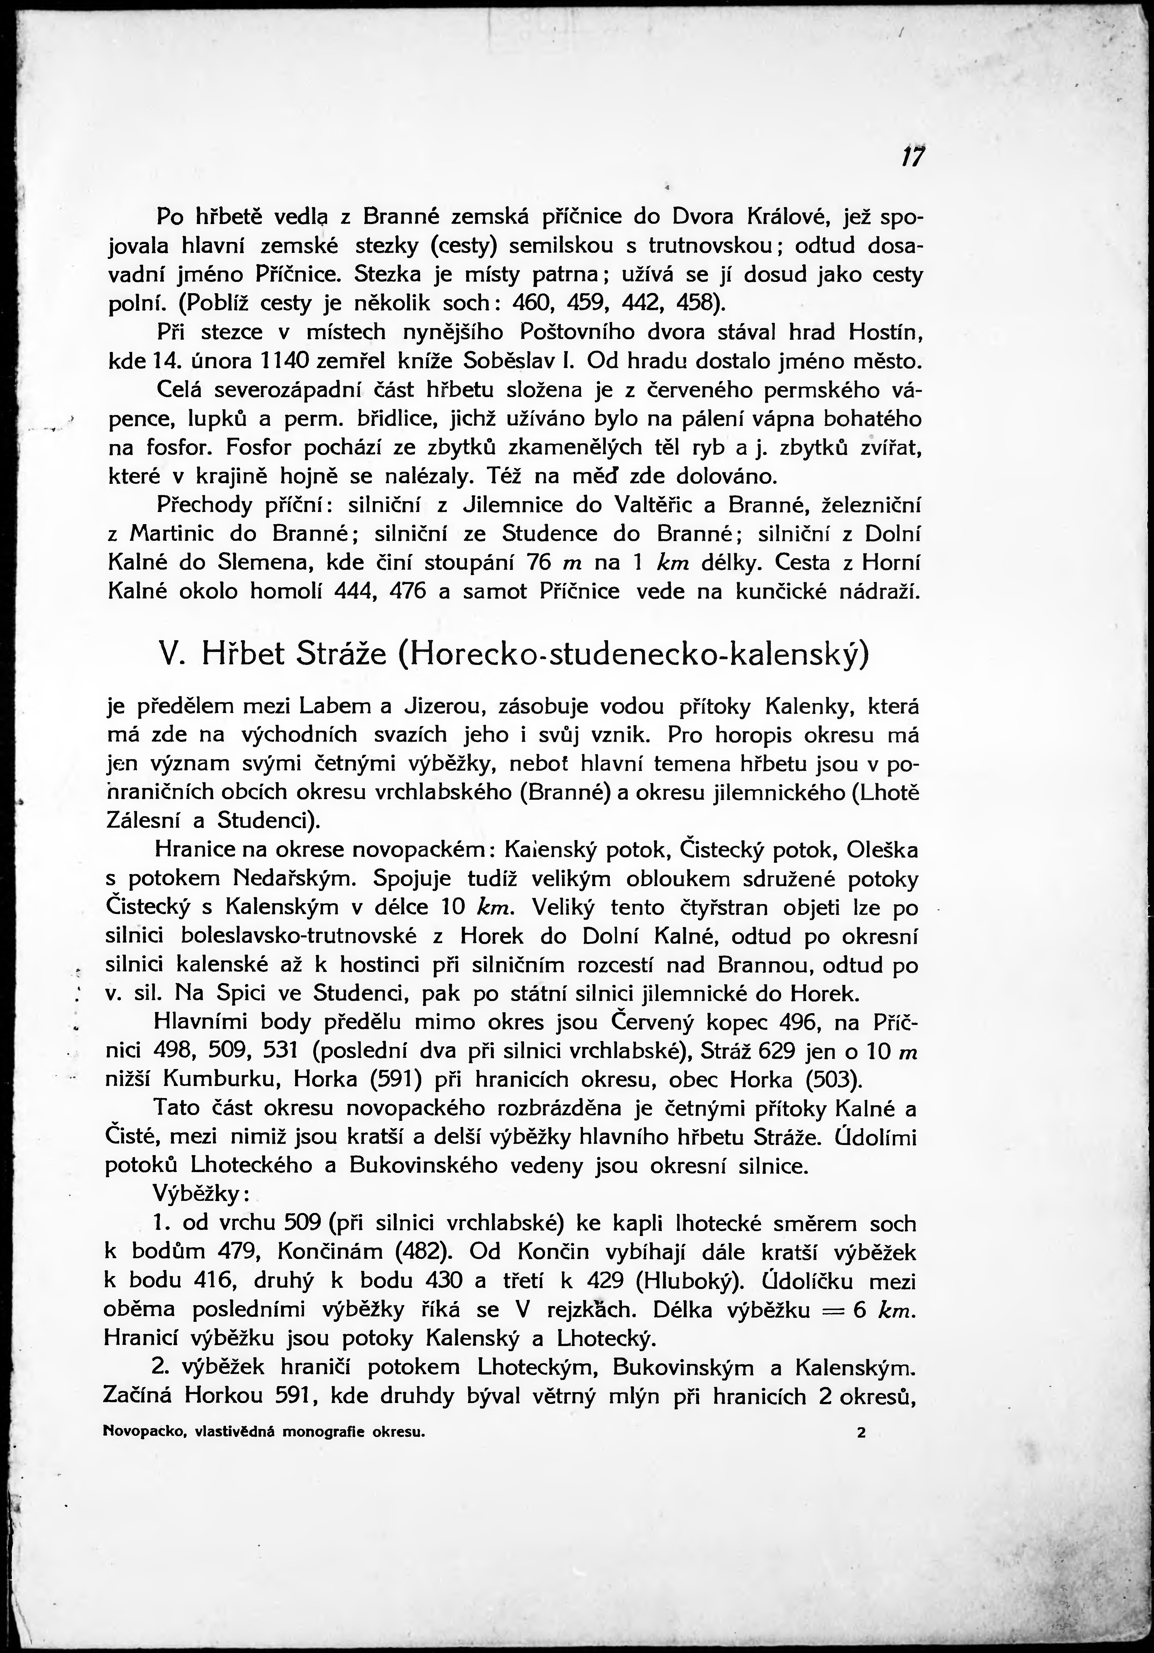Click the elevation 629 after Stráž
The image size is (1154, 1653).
(x=773, y=1052)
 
